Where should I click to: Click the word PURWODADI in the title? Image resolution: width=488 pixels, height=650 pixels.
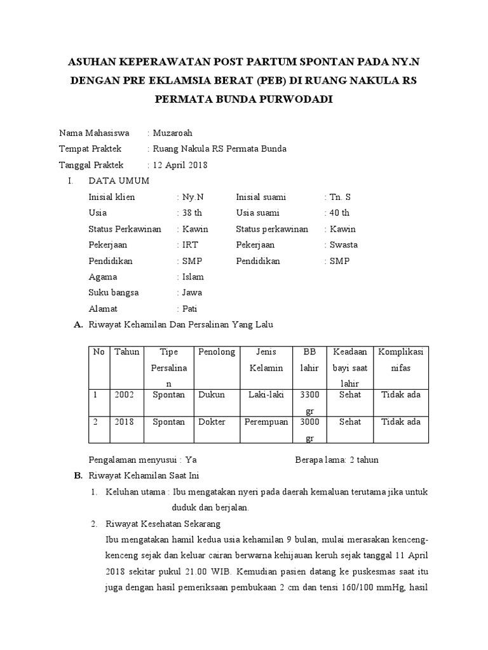(x=297, y=100)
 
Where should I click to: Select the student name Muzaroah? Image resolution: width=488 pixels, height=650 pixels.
(x=172, y=133)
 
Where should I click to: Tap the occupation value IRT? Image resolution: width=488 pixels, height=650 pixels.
(x=189, y=244)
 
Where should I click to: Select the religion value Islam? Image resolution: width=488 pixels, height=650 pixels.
(x=193, y=277)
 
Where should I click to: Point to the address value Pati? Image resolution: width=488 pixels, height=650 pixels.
(x=189, y=309)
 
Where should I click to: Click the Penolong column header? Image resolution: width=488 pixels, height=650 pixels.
(x=217, y=352)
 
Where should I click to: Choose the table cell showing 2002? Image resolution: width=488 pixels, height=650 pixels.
(x=125, y=395)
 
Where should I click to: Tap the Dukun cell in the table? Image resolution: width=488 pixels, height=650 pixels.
(x=212, y=395)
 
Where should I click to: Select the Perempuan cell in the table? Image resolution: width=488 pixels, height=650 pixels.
(x=266, y=421)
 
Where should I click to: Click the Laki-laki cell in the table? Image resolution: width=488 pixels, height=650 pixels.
(x=266, y=395)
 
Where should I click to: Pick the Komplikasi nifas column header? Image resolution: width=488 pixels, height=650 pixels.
(x=402, y=359)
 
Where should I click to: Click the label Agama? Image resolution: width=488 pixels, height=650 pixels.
(x=103, y=277)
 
